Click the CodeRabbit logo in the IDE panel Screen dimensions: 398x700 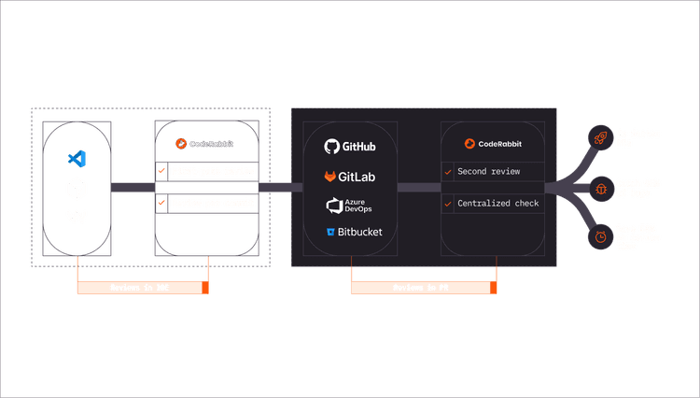pyautogui.click(x=204, y=145)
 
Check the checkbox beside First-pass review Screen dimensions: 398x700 pyautogui.click(x=161, y=172)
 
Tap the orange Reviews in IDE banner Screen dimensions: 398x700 pyautogui.click(x=140, y=289)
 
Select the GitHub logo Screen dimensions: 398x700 pyautogui.click(x=349, y=147)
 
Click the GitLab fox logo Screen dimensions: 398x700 pyautogui.click(x=349, y=176)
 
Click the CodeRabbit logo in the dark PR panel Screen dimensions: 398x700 pyautogui.click(x=493, y=144)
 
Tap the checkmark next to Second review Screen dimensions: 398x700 pyautogui.click(x=448, y=172)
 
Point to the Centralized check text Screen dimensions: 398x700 pyautogui.click(x=497, y=203)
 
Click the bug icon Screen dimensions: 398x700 pyautogui.click(x=597, y=188)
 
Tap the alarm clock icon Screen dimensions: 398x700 pyautogui.click(x=597, y=237)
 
